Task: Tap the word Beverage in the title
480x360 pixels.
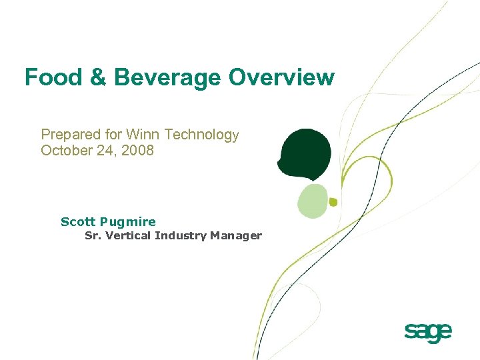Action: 167,77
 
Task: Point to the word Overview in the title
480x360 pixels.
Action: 281,77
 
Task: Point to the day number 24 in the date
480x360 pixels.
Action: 107,151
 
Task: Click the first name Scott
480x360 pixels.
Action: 78,222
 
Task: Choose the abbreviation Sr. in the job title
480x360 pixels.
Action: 93,235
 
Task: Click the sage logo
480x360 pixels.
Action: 428,332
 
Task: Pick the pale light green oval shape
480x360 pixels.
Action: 312,201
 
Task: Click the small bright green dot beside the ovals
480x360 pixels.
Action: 333,201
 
